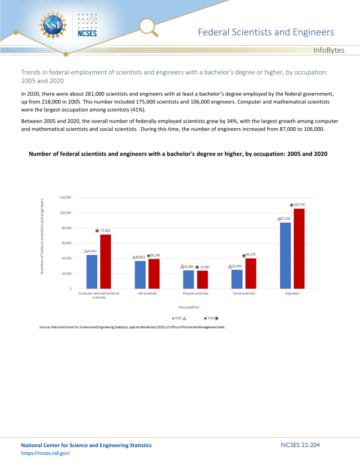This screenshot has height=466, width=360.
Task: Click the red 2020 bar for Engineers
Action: coord(299,249)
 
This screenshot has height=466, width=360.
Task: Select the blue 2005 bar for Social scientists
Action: coord(237,279)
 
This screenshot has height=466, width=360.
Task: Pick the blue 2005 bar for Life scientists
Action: coord(140,275)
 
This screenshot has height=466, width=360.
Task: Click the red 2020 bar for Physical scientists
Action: coord(203,280)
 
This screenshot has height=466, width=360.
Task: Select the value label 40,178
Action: coord(250,255)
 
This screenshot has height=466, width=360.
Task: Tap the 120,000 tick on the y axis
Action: coord(65,197)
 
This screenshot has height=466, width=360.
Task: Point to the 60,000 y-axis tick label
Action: coord(66,243)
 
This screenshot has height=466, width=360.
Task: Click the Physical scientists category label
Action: coord(195,293)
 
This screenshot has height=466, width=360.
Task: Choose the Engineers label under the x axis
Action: coord(292,293)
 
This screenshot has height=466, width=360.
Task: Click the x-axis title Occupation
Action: coord(190,307)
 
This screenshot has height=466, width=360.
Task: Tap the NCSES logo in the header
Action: coord(87,25)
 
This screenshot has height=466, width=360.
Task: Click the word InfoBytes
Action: coord(329,50)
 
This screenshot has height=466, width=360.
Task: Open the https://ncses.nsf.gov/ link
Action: coord(46,453)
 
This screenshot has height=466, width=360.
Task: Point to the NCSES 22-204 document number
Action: coord(300,445)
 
